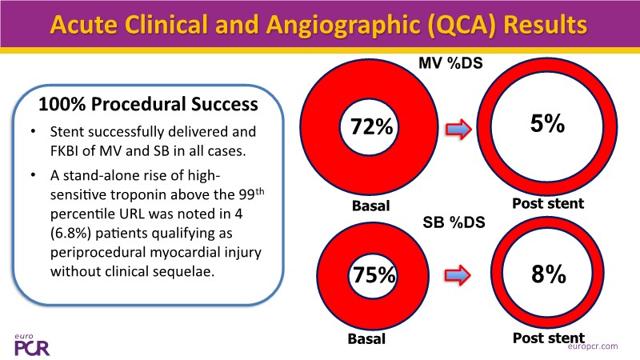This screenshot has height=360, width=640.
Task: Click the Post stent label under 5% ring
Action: point(549,203)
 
